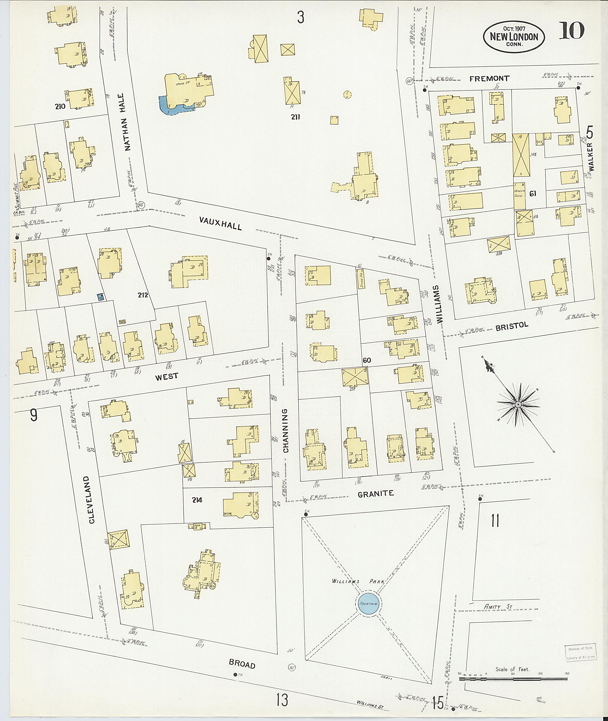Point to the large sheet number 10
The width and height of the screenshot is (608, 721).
[x=571, y=30]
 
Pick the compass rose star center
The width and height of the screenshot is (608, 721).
[x=518, y=404]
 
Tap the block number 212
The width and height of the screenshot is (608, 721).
[x=143, y=295]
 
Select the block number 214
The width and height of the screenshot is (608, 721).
[x=197, y=500]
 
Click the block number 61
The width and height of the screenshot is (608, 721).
[x=533, y=194]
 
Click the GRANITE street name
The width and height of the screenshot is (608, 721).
[x=375, y=494]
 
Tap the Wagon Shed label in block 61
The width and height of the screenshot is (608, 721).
[x=520, y=193]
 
